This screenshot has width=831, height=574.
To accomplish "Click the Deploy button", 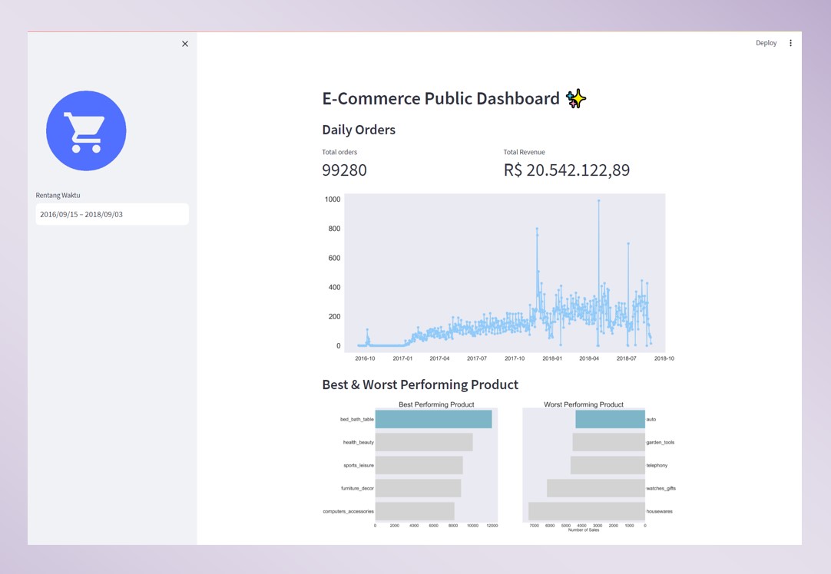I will (x=766, y=43).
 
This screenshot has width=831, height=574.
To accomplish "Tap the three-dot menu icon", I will (x=790, y=43).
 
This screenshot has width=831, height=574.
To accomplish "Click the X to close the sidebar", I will (x=185, y=44).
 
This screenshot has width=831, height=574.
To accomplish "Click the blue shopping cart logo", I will (x=86, y=130).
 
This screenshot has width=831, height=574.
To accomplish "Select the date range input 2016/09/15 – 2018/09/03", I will (x=112, y=214).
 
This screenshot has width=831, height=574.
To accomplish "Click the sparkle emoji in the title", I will (x=576, y=98).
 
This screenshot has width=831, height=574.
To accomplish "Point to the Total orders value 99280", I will (x=344, y=170).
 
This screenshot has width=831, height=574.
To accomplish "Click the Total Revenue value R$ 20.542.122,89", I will (x=566, y=170).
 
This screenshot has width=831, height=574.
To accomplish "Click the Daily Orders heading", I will (x=359, y=130).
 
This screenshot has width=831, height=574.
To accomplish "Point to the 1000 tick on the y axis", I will (x=333, y=200).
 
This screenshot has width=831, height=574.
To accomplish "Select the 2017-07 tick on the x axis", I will (x=477, y=358).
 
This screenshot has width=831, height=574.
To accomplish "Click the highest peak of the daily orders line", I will (x=598, y=200).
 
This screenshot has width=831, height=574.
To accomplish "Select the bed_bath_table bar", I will (x=433, y=419).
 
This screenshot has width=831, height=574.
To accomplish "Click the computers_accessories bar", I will (x=415, y=511).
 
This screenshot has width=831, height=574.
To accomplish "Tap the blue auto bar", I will (x=610, y=419).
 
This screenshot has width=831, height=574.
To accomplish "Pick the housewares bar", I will (x=587, y=511).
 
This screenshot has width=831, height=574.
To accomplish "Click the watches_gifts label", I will (x=660, y=488).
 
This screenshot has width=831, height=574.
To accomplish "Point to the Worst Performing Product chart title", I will (x=584, y=404).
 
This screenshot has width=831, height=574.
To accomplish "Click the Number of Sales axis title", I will (x=583, y=530).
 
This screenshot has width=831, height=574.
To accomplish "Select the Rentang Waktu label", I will (x=58, y=195).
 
